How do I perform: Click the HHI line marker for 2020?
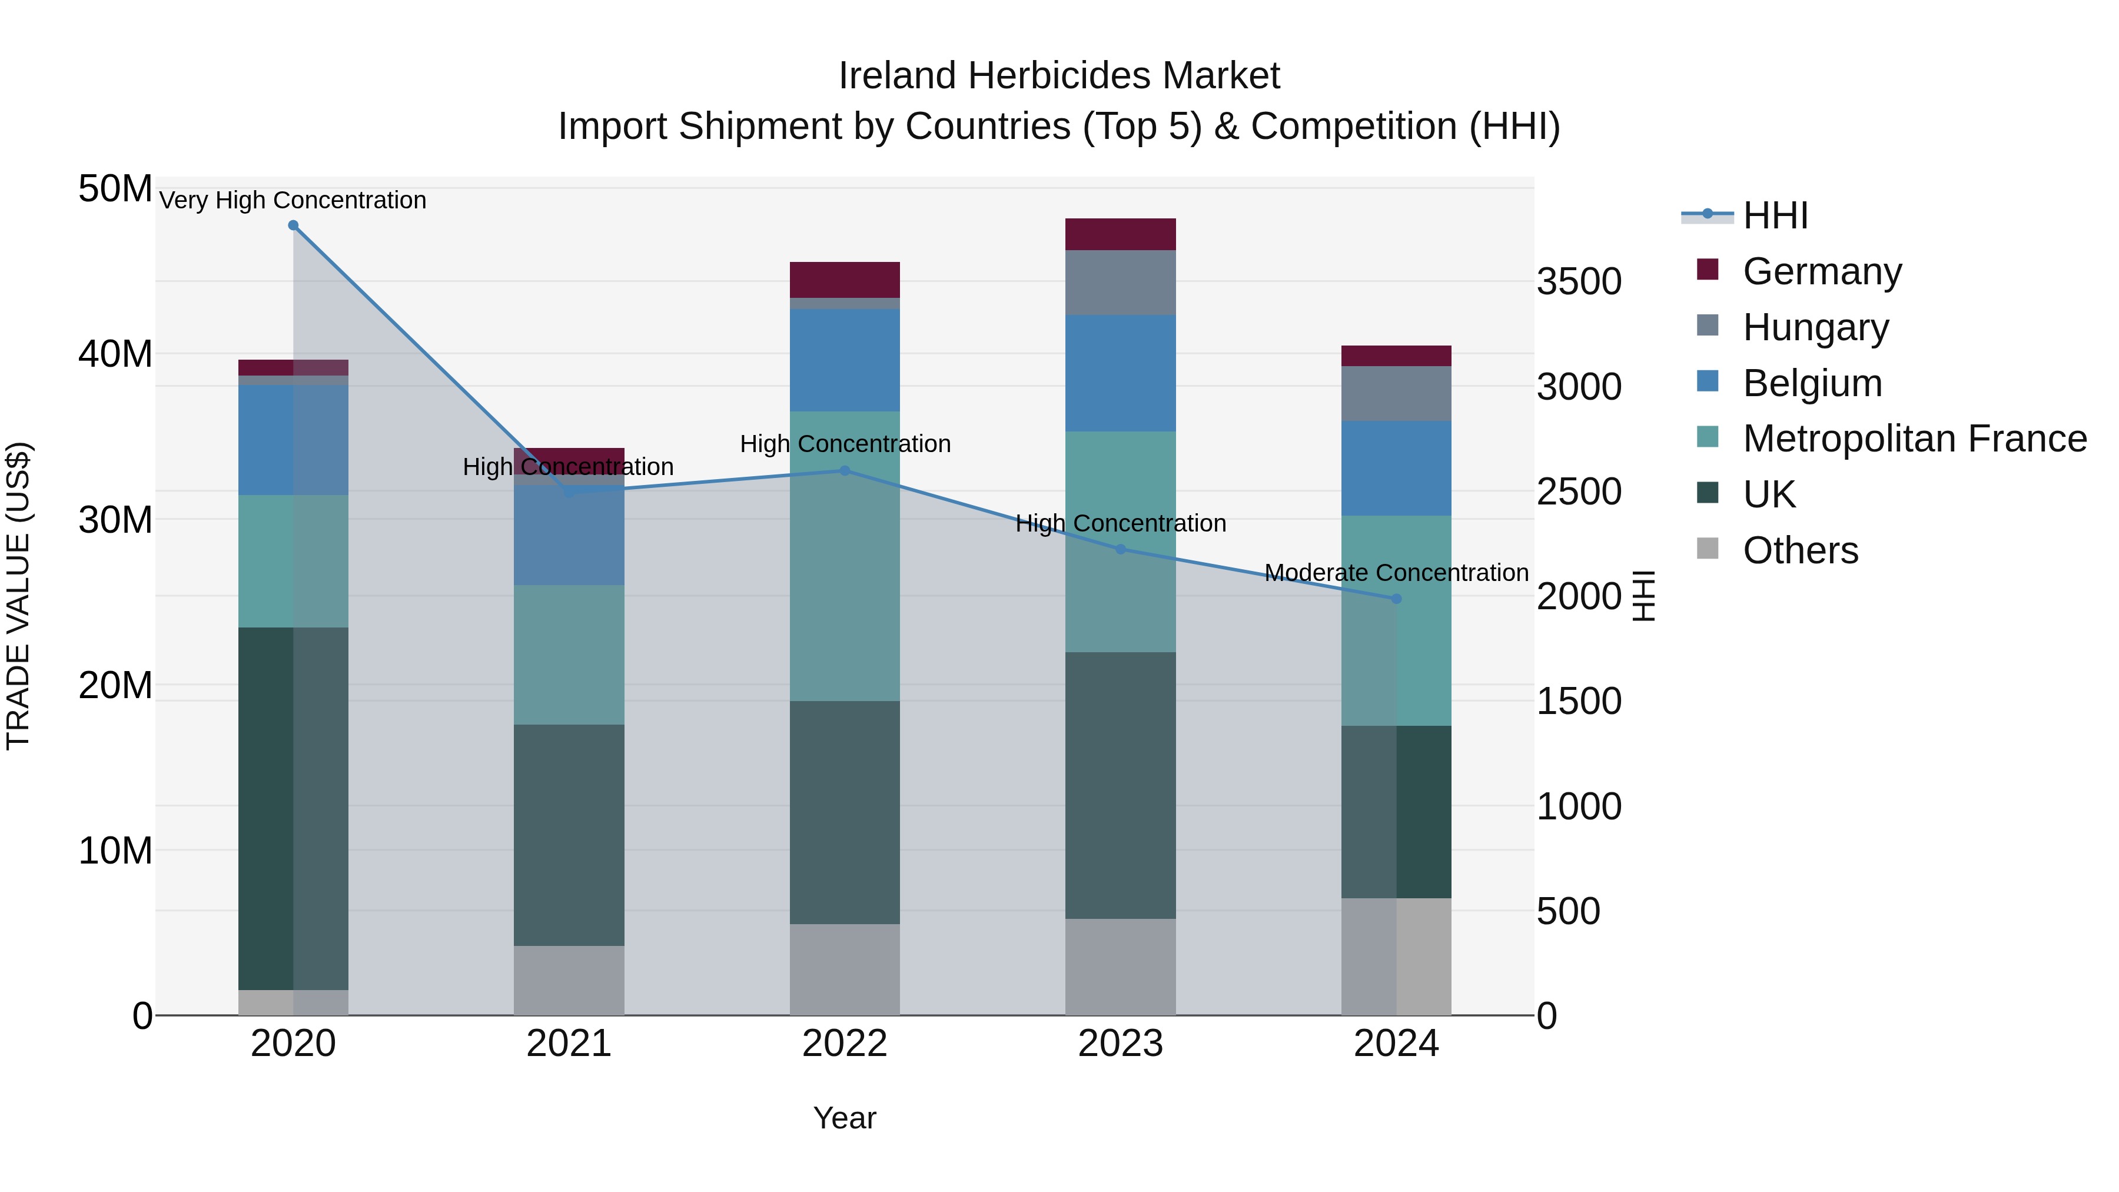(x=293, y=225)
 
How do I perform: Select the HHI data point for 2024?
(x=1396, y=599)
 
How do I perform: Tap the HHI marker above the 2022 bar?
(x=845, y=470)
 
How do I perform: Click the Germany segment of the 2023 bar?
(x=1120, y=234)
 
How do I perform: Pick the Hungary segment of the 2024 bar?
(x=1396, y=393)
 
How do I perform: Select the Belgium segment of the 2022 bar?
(x=845, y=360)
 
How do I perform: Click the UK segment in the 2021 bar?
(x=569, y=835)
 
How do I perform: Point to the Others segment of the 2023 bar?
(x=1120, y=967)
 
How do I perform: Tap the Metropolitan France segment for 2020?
(x=293, y=561)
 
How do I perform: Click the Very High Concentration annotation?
(x=293, y=201)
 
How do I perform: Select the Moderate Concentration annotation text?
(x=1396, y=573)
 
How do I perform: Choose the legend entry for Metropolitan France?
(x=1914, y=439)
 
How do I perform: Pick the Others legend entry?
(x=1800, y=550)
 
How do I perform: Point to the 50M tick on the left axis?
(x=115, y=189)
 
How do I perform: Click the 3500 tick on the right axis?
(x=1579, y=282)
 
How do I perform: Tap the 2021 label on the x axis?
(x=569, y=1045)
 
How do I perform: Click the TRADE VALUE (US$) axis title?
(x=18, y=596)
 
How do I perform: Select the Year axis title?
(x=845, y=1119)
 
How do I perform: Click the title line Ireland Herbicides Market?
(x=1059, y=76)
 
